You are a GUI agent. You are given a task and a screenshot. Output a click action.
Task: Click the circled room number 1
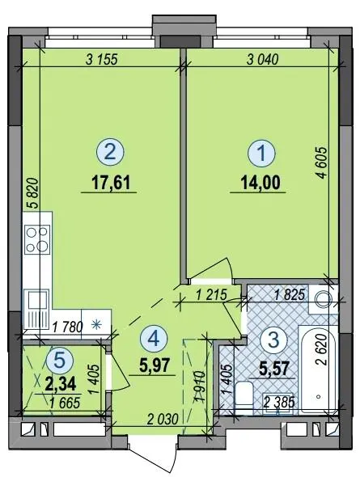point(261,154)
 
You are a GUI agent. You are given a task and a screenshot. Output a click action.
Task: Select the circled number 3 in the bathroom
point(274,340)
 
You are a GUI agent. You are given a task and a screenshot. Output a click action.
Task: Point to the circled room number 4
point(155,339)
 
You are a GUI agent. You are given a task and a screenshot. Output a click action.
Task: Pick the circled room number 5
point(60,361)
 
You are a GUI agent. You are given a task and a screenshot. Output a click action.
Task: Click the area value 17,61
point(111,184)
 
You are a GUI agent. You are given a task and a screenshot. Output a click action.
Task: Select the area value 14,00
point(260,184)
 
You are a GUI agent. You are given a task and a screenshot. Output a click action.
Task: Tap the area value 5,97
point(154,365)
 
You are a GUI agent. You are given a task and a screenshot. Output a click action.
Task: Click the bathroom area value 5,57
point(273,369)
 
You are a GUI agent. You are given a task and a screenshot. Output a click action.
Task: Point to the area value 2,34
point(60,384)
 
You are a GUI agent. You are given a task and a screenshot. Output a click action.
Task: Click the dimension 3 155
point(102,60)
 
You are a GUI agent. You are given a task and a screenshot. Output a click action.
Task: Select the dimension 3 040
point(262,60)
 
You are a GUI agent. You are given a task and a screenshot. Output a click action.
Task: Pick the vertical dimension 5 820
point(34,193)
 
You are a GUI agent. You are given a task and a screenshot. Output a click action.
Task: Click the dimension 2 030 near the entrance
point(162,420)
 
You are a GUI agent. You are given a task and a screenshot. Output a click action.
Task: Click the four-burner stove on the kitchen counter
point(37,238)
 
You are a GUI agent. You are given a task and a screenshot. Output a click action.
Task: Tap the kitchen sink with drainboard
point(36,309)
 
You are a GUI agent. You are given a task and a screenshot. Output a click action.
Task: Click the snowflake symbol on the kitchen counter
point(96,325)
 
